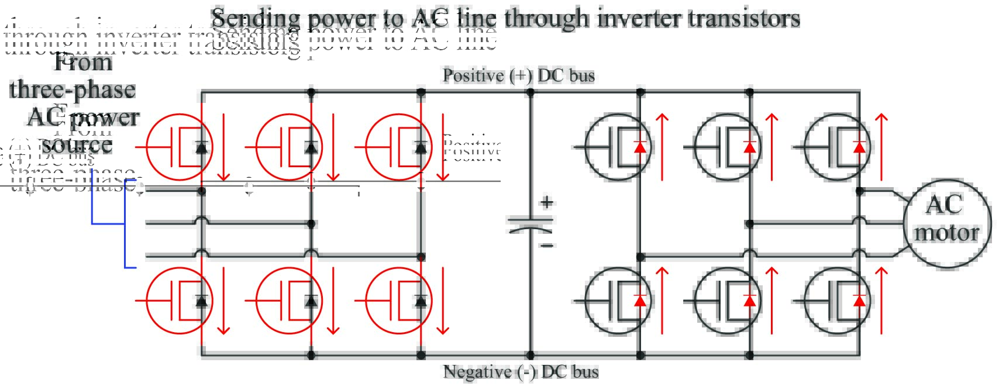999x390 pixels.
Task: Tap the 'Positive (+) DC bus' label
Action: tap(518, 75)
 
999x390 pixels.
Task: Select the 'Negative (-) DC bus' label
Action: tap(521, 372)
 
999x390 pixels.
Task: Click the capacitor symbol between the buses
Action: tap(530, 225)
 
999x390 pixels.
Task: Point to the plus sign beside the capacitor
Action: tap(546, 202)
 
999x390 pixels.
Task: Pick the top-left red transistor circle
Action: tap(178, 147)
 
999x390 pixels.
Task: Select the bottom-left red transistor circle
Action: tap(178, 300)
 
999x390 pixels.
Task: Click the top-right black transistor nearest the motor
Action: tap(837, 147)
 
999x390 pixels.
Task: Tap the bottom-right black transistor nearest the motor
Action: tap(837, 300)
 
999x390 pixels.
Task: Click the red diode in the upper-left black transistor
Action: tap(640, 147)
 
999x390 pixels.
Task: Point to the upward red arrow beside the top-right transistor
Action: tap(881, 146)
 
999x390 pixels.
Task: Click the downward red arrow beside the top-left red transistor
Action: tap(223, 146)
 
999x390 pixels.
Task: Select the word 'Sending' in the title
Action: tap(255, 19)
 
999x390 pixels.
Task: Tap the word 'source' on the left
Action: tap(77, 144)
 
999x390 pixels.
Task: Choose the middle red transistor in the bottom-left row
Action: tap(289, 300)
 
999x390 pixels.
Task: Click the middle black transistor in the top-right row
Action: tap(727, 147)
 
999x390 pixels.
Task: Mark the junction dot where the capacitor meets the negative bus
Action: tap(530, 355)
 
